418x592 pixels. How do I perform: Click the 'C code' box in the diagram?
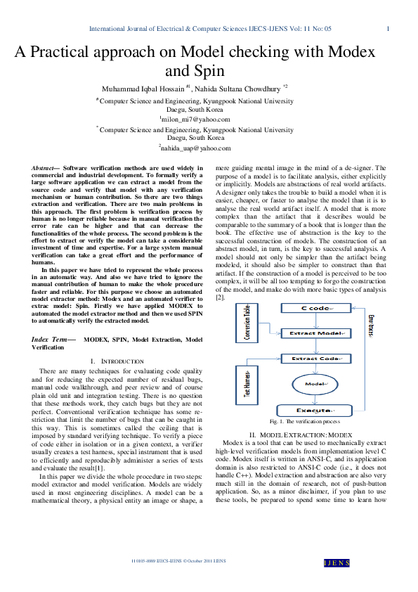pyautogui.click(x=311, y=309)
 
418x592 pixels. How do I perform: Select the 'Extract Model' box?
pyautogui.click(x=311, y=333)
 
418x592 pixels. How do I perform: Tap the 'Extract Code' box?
pyautogui.click(x=311, y=359)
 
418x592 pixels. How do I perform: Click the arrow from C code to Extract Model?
pyautogui.click(x=311, y=321)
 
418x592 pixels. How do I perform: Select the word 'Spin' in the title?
pyautogui.click(x=211, y=71)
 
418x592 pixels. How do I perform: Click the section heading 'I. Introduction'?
pyautogui.click(x=117, y=361)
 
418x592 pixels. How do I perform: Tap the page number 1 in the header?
pyautogui.click(x=388, y=29)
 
